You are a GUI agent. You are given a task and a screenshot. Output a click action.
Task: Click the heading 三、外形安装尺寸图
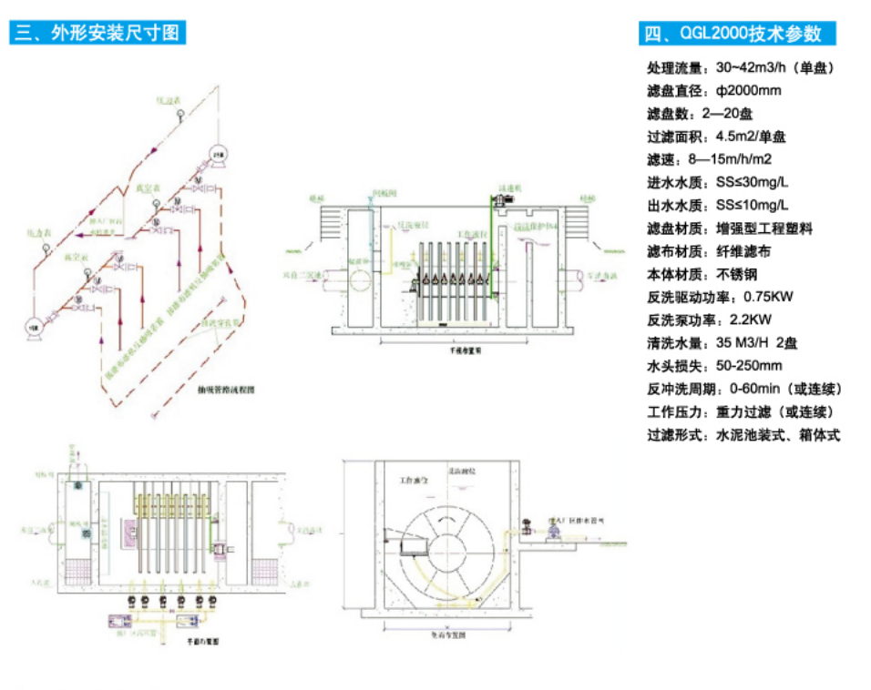pyautogui.click(x=97, y=34)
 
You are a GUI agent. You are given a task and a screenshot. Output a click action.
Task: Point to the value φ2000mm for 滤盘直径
pyautogui.click(x=749, y=90)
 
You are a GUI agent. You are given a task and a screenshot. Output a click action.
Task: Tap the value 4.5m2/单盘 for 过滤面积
pyautogui.click(x=751, y=137)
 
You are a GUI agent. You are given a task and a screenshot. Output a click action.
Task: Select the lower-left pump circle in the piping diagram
pyautogui.click(x=36, y=325)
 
